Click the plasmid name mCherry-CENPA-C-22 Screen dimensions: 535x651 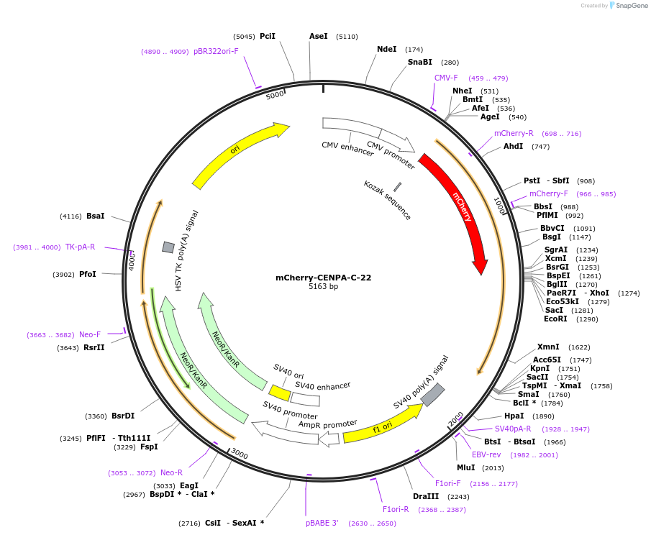pos(323,278)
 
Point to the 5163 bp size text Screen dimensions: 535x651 pos(323,287)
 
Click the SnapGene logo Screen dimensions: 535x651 pos(628,6)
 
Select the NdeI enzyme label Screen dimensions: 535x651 pos(386,50)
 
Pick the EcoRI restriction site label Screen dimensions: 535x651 pos(555,319)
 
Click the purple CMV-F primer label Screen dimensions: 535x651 pos(446,78)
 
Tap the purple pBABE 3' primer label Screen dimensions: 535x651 pos(322,523)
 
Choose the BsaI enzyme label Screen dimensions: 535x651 pos(95,216)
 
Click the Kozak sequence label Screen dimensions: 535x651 pos(387,200)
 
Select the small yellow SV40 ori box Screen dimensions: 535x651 pos(280,393)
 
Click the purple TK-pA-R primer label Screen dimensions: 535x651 pos(80,247)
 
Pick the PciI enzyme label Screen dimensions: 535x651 pos(268,36)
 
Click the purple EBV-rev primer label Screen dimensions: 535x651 pos(486,454)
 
